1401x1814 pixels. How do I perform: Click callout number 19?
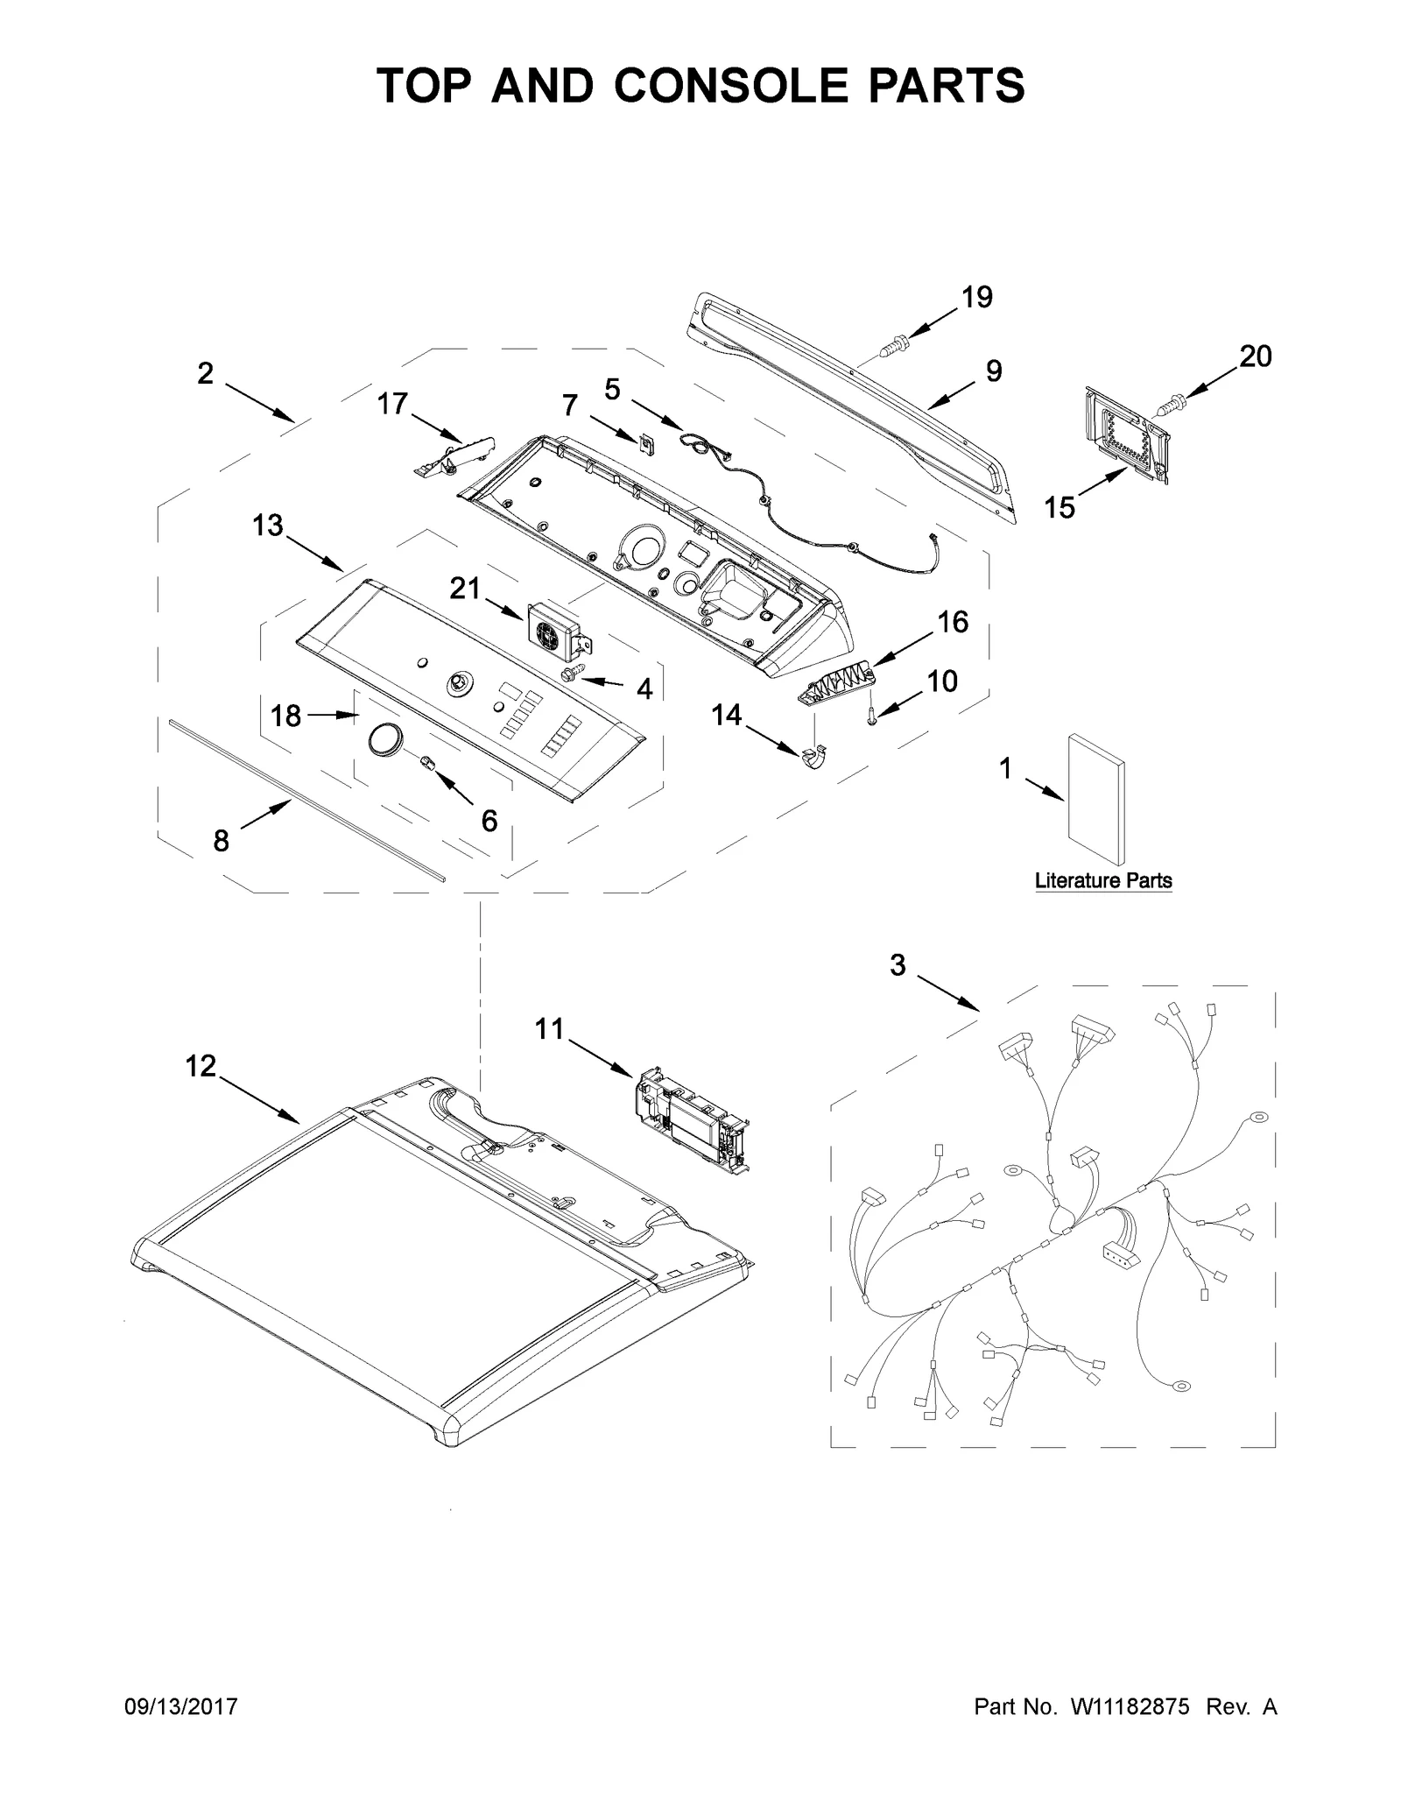point(977,298)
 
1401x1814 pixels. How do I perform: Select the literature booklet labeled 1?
point(1095,799)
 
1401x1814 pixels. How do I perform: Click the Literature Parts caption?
point(1102,881)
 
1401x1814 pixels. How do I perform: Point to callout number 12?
point(201,1066)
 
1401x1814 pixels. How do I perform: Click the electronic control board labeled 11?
point(692,1120)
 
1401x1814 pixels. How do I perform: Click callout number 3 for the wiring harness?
point(898,965)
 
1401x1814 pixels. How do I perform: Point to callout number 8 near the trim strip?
point(221,841)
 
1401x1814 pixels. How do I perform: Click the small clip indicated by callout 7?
point(646,444)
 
